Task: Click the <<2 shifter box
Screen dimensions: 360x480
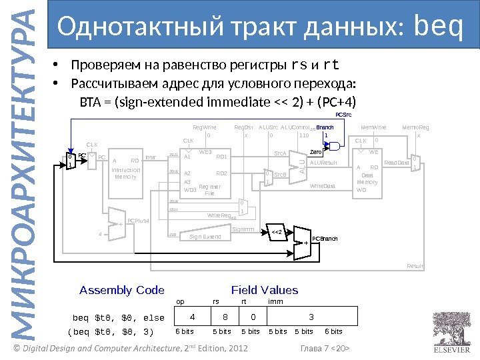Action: coord(278,232)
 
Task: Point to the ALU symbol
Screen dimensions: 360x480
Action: coord(301,163)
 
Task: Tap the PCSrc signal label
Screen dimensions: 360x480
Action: coord(343,115)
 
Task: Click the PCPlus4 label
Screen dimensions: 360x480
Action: coord(138,220)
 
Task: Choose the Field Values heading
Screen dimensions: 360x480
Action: coord(264,290)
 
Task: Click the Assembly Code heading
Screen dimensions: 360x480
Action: coord(121,290)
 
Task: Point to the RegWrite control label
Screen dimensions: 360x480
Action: coord(204,126)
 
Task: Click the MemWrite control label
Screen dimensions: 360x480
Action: coord(373,126)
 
